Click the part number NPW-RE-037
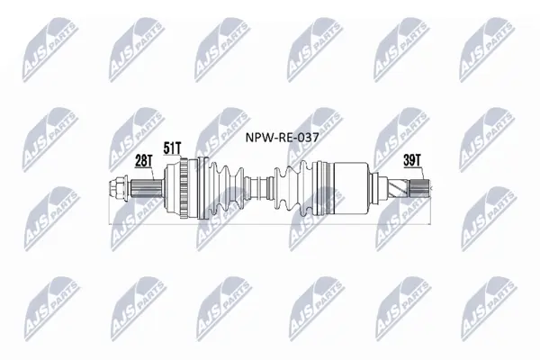click(x=282, y=138)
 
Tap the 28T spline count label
click(x=143, y=161)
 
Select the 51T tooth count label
click(x=172, y=148)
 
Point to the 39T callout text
click(x=411, y=160)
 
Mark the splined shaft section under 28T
click(x=147, y=188)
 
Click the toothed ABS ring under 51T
click(x=184, y=188)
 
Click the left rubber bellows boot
click(x=226, y=188)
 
